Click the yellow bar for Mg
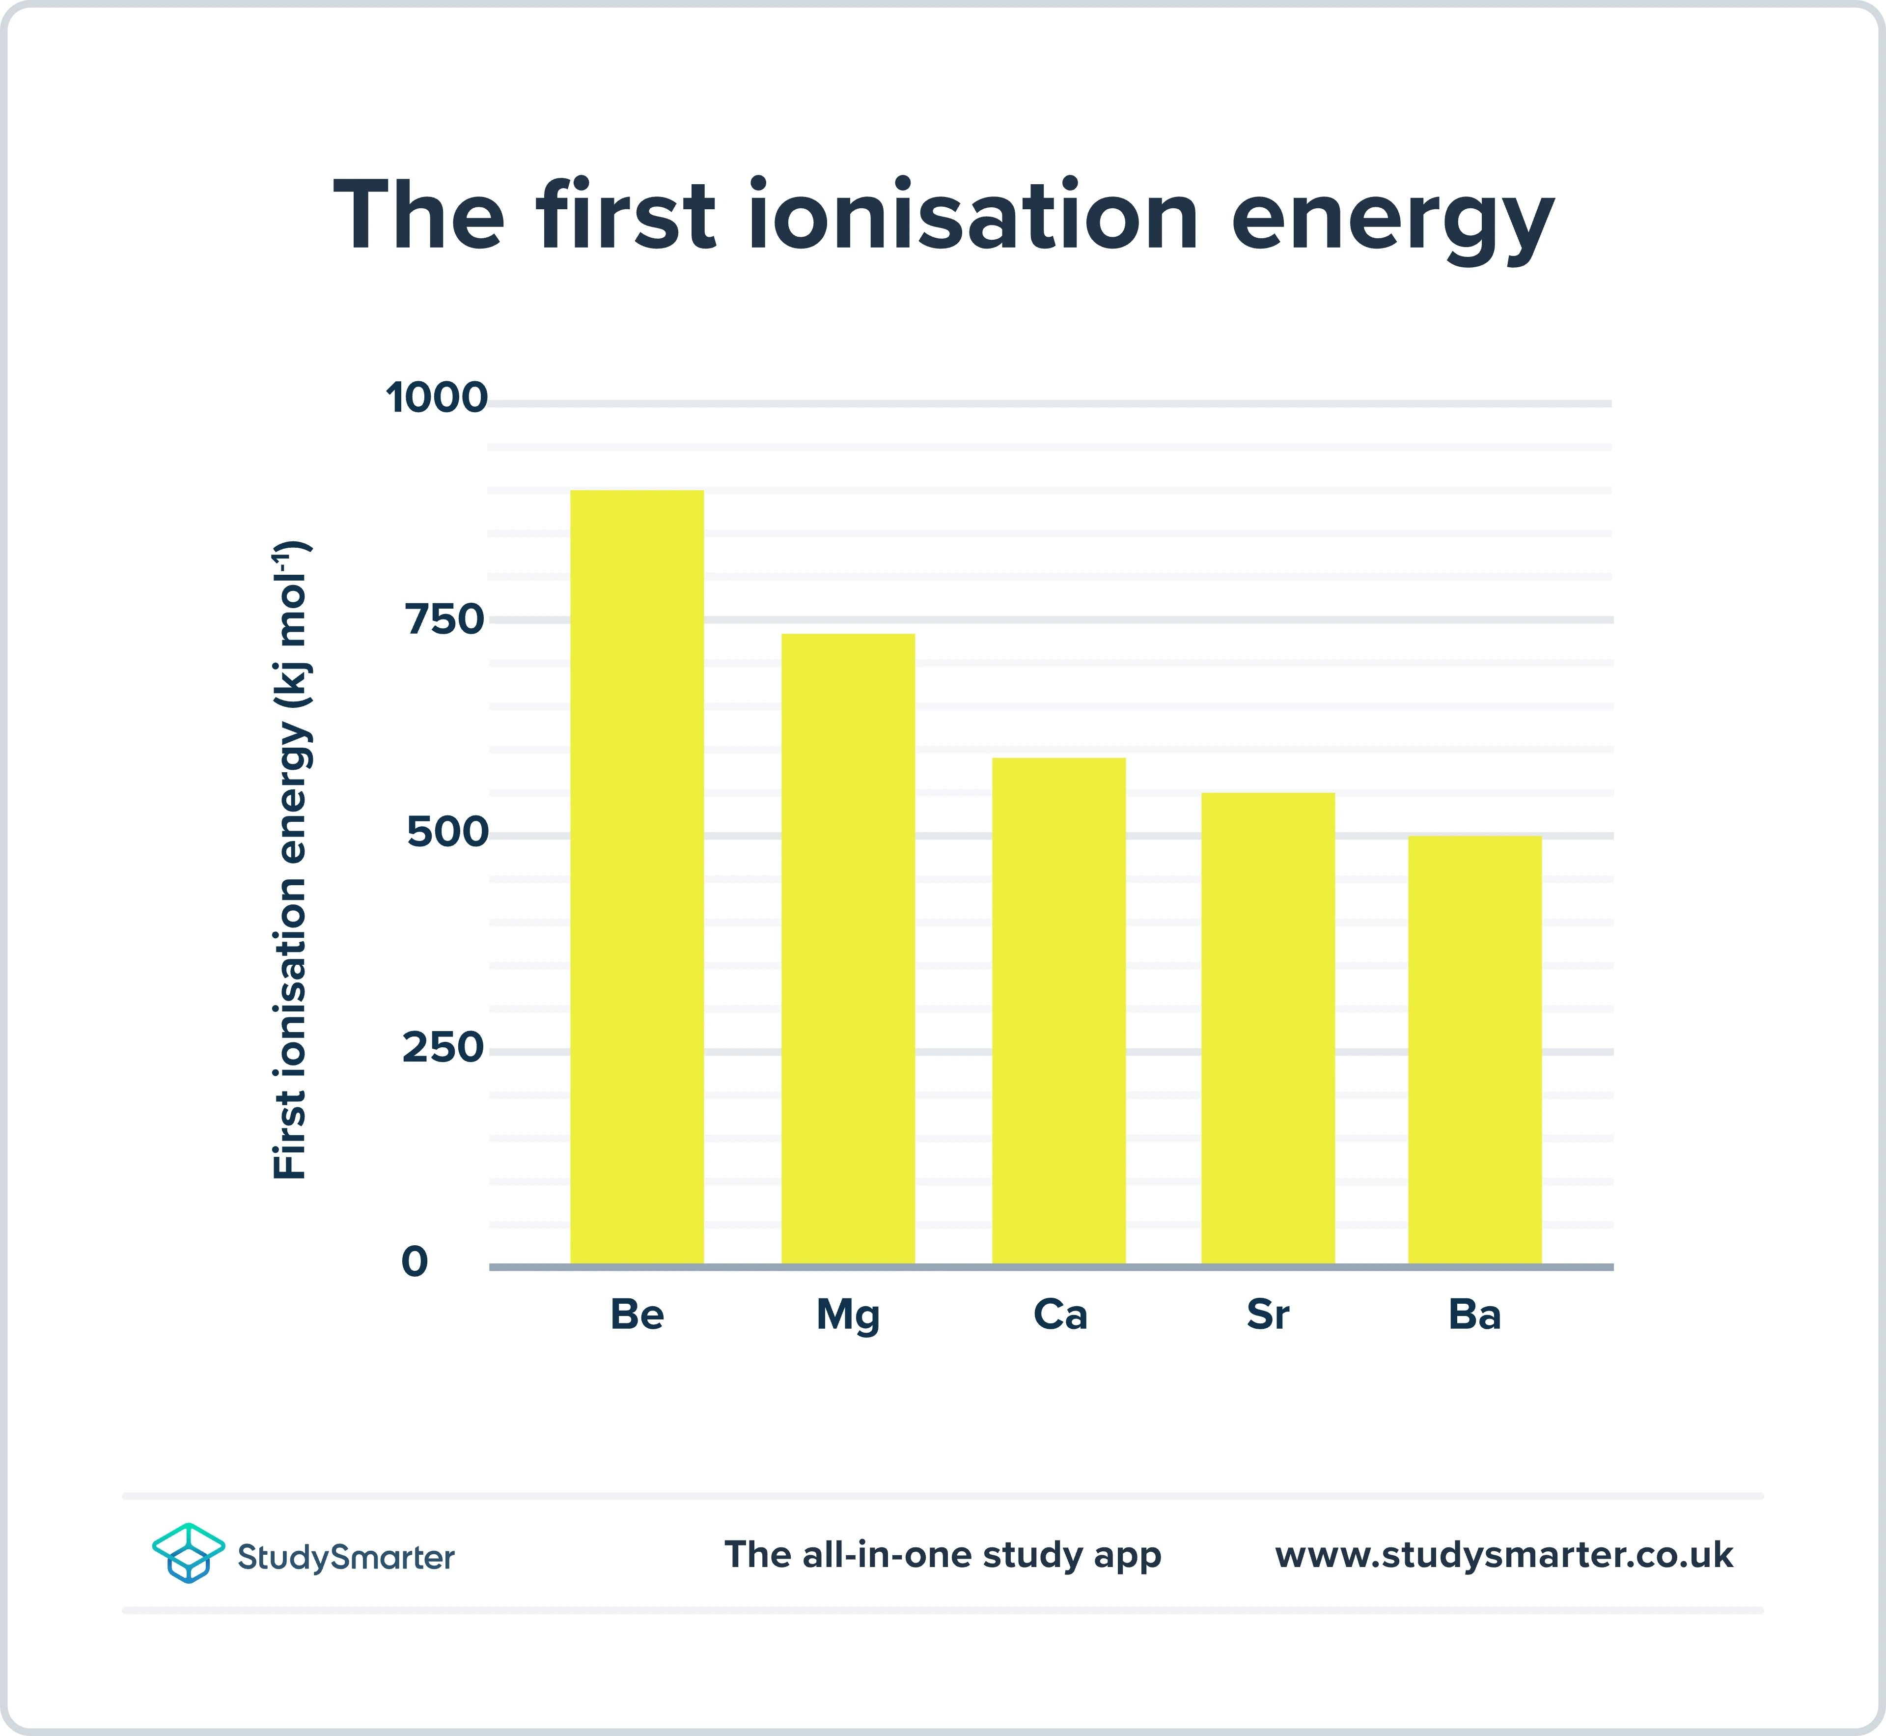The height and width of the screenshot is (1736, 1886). click(848, 949)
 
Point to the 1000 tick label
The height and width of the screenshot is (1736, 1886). click(437, 397)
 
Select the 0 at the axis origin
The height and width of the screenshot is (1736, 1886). click(414, 1261)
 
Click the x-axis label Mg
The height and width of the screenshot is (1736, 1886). click(848, 1315)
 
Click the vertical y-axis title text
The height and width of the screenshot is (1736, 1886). click(291, 860)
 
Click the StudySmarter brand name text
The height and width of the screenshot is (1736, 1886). click(346, 1558)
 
